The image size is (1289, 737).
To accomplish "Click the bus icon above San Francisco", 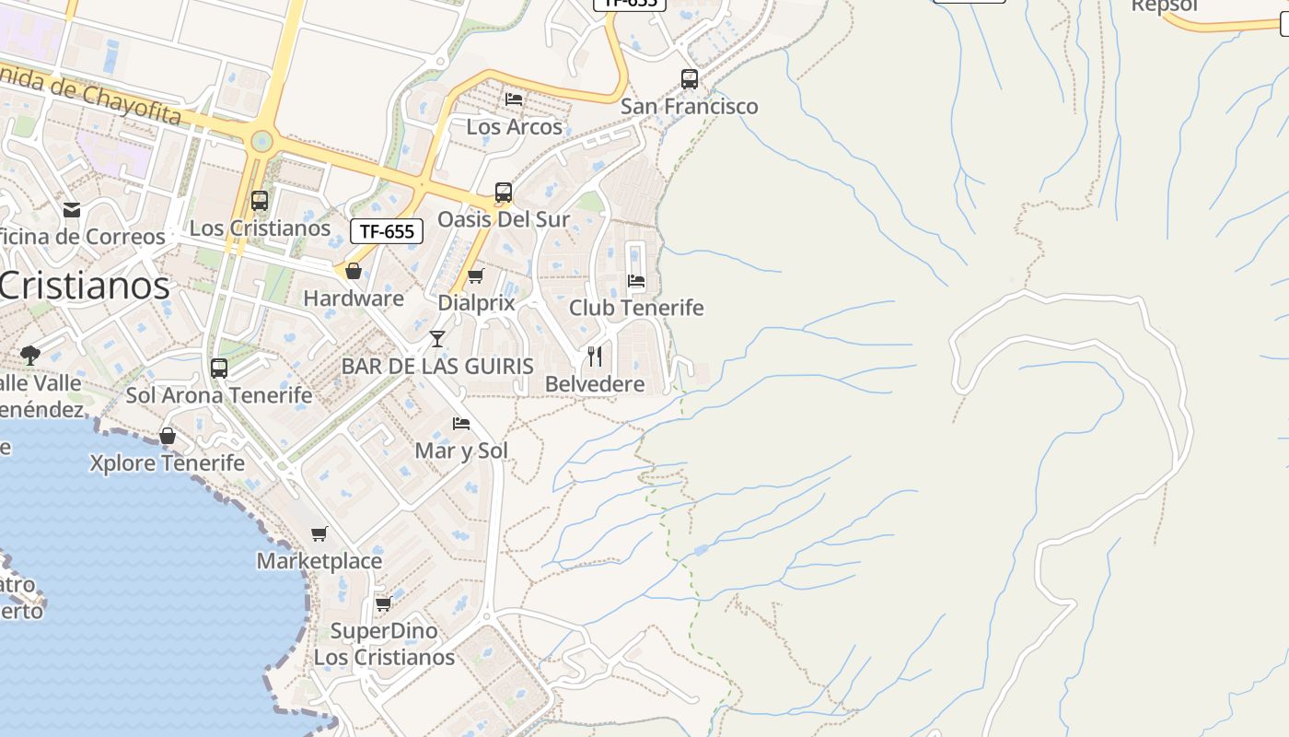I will coord(690,79).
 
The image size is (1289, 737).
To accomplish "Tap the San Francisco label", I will coord(689,106).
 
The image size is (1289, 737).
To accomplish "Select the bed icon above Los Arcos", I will coord(514,99).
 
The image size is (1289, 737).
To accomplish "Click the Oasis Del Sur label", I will coord(503,219).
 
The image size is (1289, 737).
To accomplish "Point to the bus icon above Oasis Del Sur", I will coord(503,193).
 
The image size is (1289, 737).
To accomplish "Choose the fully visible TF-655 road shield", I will coord(387,231).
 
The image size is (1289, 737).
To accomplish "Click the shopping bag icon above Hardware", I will coord(354,271).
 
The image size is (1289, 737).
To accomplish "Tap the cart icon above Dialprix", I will coord(476,275).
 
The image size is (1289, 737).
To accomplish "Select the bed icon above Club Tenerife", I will coord(636,281).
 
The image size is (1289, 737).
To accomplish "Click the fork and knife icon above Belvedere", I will coord(595,357).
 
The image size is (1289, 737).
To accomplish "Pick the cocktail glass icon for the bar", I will coord(437,339).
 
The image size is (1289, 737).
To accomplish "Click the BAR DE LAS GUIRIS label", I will coord(437,366).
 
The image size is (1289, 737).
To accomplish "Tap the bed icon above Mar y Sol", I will coord(461,424).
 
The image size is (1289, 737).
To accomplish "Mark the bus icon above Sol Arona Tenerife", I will coord(219,368).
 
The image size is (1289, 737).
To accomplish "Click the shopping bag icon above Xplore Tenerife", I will coord(168,436).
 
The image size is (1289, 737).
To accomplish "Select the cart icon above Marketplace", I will coord(319,533).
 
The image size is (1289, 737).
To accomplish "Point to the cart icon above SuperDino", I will coord(384,603).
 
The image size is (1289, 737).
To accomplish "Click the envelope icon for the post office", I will coord(72,210).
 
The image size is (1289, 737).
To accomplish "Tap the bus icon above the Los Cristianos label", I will coord(260,201).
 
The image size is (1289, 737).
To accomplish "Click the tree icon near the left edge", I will coord(30,355).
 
